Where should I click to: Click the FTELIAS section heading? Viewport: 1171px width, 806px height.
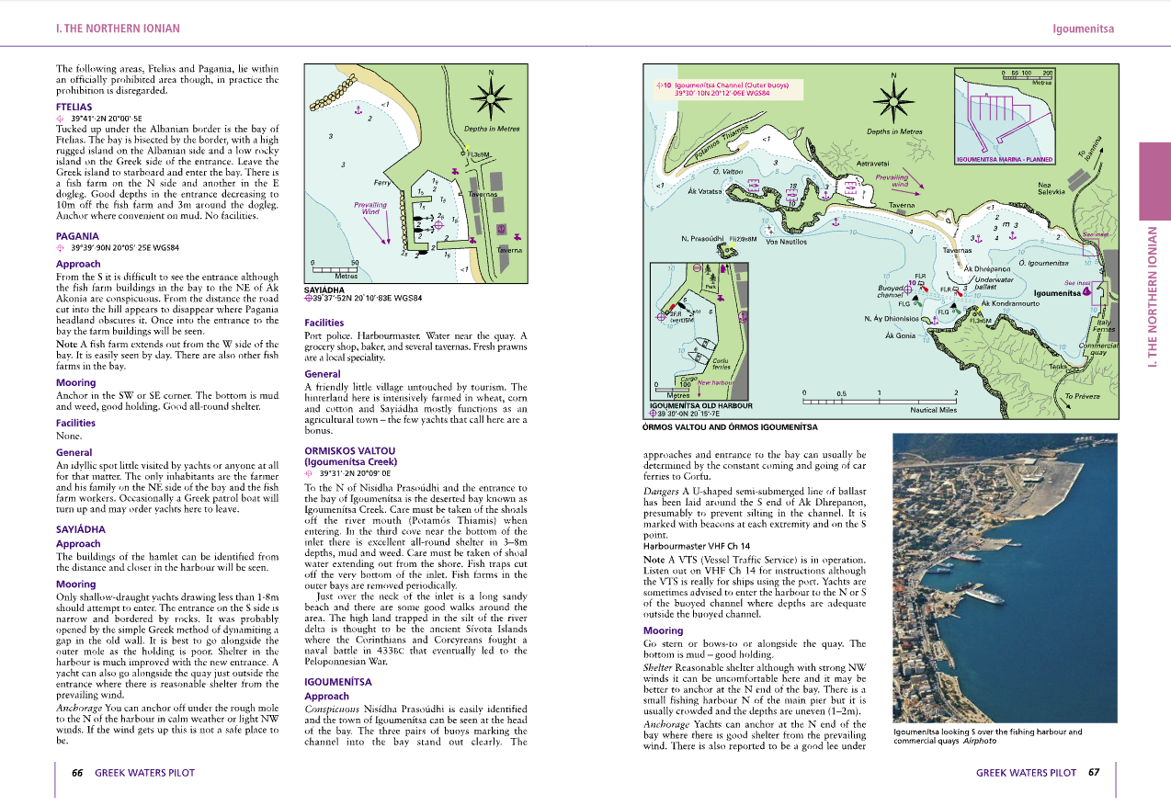click(x=74, y=107)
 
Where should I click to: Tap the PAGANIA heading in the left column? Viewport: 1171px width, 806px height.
click(x=77, y=236)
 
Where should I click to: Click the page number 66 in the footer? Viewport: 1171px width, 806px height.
click(x=78, y=773)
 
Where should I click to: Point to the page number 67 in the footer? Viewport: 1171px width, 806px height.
click(x=1094, y=773)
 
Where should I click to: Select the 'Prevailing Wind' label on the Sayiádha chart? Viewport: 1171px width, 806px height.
click(x=370, y=208)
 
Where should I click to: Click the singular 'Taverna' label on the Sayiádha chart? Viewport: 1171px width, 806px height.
click(x=509, y=250)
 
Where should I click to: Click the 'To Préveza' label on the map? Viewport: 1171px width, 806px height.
click(x=1081, y=396)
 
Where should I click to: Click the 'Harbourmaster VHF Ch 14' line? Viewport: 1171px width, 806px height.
click(x=697, y=546)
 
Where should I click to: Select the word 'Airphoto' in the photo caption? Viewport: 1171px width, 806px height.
click(x=980, y=741)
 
